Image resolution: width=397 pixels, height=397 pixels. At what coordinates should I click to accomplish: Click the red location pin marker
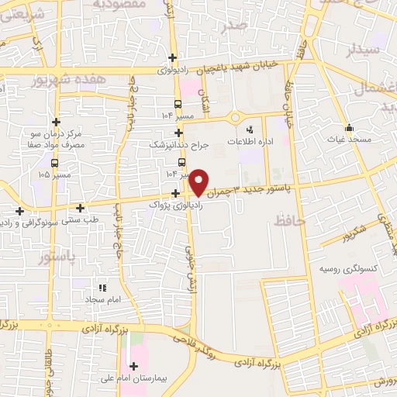(x=199, y=181)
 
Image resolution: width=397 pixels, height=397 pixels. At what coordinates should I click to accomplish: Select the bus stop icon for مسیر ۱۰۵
(x=54, y=163)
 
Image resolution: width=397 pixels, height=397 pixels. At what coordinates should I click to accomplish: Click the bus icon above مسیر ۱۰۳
(x=182, y=162)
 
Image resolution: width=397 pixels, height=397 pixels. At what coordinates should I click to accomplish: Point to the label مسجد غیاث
(x=350, y=139)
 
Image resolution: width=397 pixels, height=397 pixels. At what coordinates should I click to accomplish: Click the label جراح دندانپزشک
(x=178, y=144)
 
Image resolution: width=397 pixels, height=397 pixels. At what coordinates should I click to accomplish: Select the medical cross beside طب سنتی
(x=81, y=208)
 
